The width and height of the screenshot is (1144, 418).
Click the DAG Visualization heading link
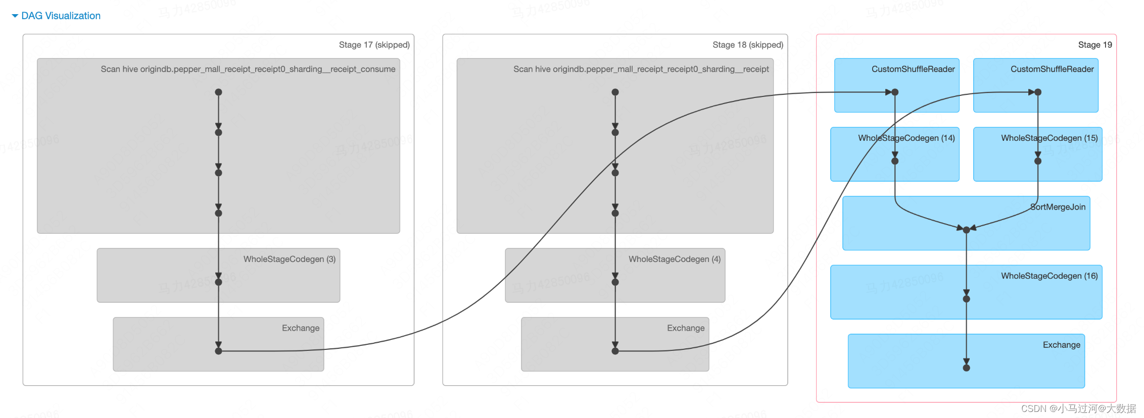pos(61,16)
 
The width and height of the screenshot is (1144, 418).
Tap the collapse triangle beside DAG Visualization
pos(15,16)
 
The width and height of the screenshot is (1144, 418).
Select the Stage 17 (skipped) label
pos(374,45)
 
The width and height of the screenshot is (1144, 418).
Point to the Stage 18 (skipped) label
pos(747,45)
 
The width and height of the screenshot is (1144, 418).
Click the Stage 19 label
pos(1094,45)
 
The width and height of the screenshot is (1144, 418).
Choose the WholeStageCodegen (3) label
pos(289,259)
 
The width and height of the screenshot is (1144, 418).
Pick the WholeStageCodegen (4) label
pos(674,259)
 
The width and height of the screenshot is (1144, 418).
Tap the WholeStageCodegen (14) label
pos(906,138)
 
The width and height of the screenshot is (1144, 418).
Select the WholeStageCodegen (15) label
pos(1049,138)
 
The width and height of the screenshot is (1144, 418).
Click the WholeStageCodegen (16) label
pos(1049,276)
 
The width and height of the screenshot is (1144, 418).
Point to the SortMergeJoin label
pos(1058,207)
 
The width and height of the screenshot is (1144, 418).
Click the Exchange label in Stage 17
pos(300,328)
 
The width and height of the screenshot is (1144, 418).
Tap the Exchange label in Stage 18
pos(685,328)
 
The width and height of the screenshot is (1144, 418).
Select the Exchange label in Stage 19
pos(1061,345)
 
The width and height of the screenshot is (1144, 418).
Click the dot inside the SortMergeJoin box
pos(966,230)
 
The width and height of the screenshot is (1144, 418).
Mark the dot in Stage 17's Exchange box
pos(218,351)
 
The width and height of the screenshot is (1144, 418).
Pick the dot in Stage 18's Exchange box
pos(615,351)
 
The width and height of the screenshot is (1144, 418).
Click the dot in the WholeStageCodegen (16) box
pos(966,299)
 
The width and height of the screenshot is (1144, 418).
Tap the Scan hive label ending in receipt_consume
pos(248,69)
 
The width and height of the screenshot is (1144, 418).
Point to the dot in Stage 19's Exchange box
pos(966,368)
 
